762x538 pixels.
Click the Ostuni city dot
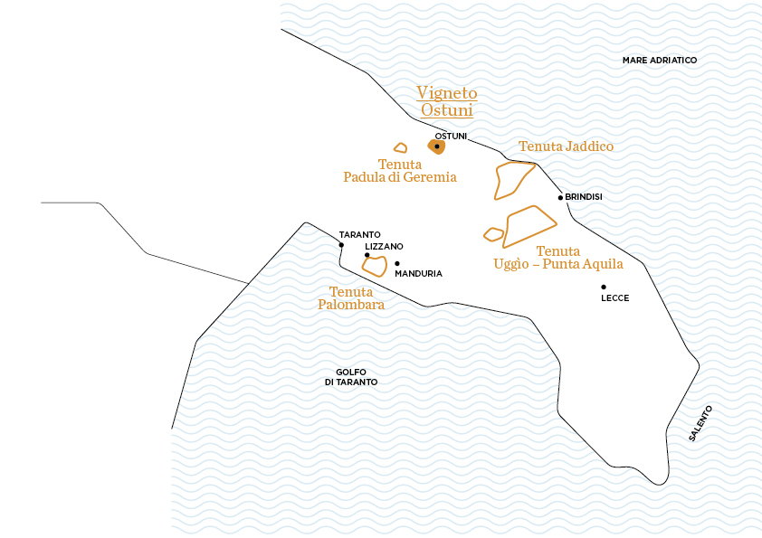tap(436, 146)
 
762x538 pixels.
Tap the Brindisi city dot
tap(560, 197)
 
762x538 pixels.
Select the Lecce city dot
tap(604, 287)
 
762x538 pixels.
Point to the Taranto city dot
tap(341, 245)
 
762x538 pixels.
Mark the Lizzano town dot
tap(367, 255)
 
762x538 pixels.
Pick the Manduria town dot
tap(397, 264)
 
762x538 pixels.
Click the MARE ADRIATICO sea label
tap(660, 60)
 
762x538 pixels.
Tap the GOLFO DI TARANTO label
tap(350, 377)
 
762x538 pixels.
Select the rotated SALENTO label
tap(700, 422)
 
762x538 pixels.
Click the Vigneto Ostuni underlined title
tap(446, 101)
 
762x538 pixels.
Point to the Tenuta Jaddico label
tap(566, 146)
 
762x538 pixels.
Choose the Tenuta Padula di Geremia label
tap(400, 171)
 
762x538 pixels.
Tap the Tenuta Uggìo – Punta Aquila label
tap(558, 258)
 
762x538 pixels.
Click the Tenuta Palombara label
tap(351, 298)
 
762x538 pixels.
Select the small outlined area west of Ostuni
tap(400, 147)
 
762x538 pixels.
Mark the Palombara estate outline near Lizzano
tap(376, 266)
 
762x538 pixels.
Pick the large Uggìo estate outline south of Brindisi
tap(529, 226)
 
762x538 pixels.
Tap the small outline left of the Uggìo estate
tap(493, 234)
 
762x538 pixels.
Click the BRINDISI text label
tap(584, 197)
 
